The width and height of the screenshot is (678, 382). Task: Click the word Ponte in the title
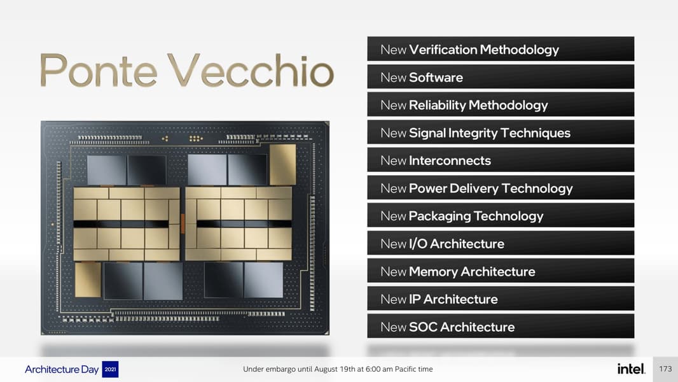tap(99, 70)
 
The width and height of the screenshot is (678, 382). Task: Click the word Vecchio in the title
tap(251, 70)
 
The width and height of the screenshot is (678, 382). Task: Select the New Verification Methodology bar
tap(501, 49)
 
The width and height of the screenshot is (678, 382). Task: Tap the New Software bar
tap(501, 76)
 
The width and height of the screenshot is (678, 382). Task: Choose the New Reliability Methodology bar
tap(501, 104)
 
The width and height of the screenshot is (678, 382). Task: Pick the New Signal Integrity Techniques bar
tap(501, 132)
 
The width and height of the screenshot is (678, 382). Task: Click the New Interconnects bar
tap(501, 160)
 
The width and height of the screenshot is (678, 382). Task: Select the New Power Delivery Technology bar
tap(501, 187)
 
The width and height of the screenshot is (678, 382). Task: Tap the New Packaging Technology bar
tap(501, 215)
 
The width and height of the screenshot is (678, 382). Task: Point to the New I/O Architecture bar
tap(501, 243)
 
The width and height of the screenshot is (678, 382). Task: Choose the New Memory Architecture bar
tap(501, 271)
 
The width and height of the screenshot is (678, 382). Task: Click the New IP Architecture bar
tap(501, 298)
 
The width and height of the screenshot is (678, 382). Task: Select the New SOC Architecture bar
tap(501, 326)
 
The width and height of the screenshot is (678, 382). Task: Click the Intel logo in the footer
tap(631, 369)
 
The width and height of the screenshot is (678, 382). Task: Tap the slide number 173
tap(665, 369)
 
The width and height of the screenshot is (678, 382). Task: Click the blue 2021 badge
tap(110, 369)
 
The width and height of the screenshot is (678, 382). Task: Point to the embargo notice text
tap(338, 369)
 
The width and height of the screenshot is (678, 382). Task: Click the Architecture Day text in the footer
tap(62, 369)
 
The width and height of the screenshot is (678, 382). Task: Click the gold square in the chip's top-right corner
tap(283, 164)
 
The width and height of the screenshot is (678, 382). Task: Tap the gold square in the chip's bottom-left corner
tap(88, 280)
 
